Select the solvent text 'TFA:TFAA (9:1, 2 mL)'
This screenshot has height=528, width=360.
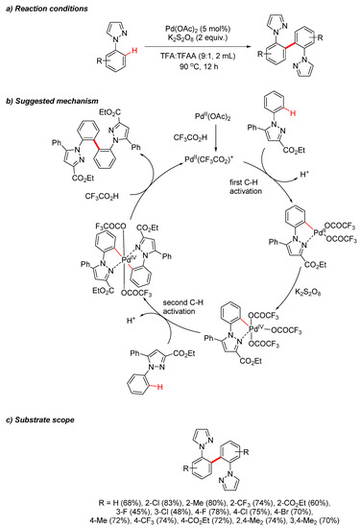(159, 66)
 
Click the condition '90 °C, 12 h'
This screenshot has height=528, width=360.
(159, 78)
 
